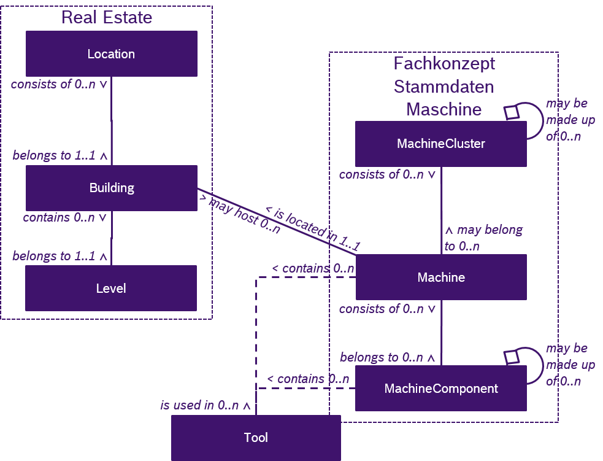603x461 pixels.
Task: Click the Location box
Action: coord(111,54)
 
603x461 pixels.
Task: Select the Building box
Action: coord(111,188)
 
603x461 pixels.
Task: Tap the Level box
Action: coord(111,288)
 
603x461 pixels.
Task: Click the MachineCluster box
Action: coord(440,144)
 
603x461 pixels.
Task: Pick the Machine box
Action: coord(440,277)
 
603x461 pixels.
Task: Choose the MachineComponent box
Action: coord(440,389)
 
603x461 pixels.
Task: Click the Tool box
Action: coord(256,438)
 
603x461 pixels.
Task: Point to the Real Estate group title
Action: coord(107,17)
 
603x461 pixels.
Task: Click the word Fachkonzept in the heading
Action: coord(444,64)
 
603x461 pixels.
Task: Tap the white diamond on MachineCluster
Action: coord(511,112)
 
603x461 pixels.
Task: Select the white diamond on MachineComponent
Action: coord(511,357)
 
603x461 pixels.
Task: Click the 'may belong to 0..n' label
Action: coord(483,238)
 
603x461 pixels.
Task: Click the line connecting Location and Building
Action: coord(111,120)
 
